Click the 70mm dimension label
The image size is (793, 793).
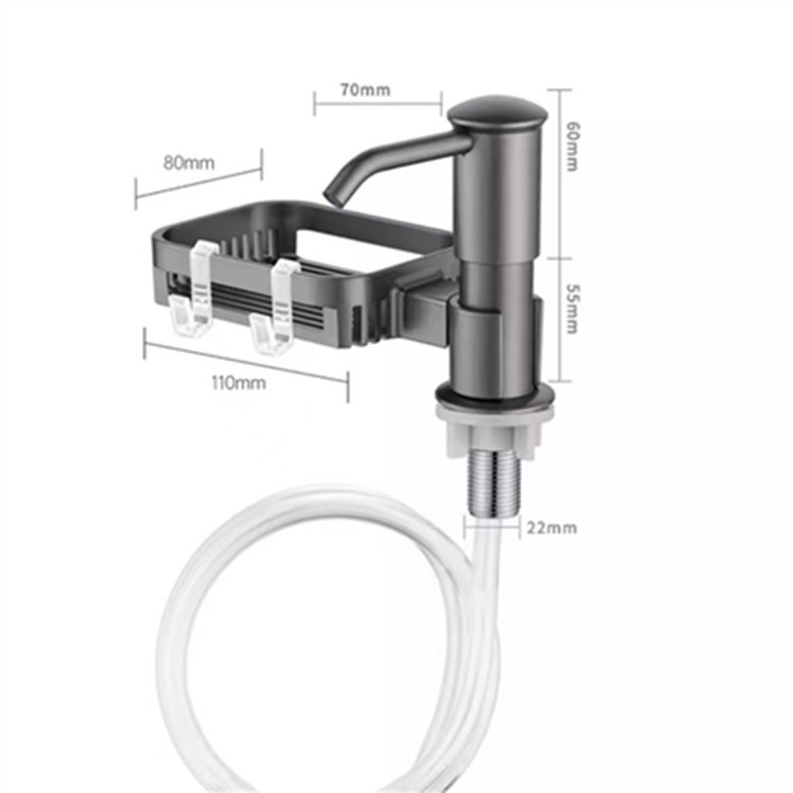click(x=364, y=90)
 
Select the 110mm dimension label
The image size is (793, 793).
click(x=239, y=383)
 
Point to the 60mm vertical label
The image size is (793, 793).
click(x=571, y=147)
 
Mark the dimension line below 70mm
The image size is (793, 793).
click(x=378, y=103)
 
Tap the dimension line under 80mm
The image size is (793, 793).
click(x=198, y=179)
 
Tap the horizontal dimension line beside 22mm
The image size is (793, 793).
click(x=493, y=525)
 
